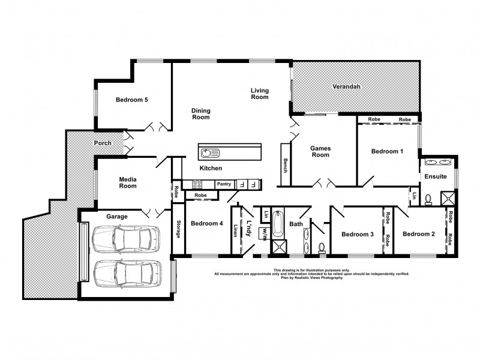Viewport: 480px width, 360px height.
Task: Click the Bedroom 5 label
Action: tap(132, 100)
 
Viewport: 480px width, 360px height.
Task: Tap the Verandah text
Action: tap(346, 87)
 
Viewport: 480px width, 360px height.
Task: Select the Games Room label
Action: tap(320, 151)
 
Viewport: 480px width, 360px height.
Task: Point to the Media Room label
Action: tap(128, 182)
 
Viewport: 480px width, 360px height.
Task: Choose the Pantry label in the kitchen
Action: tap(224, 184)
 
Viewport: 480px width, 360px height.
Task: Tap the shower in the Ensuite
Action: tap(447, 199)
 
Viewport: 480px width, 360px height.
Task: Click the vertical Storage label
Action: tap(178, 230)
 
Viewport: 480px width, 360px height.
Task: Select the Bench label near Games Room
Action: tap(286, 166)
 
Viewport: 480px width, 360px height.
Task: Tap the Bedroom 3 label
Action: tap(358, 234)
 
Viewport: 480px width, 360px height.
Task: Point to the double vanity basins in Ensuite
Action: tap(438, 163)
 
